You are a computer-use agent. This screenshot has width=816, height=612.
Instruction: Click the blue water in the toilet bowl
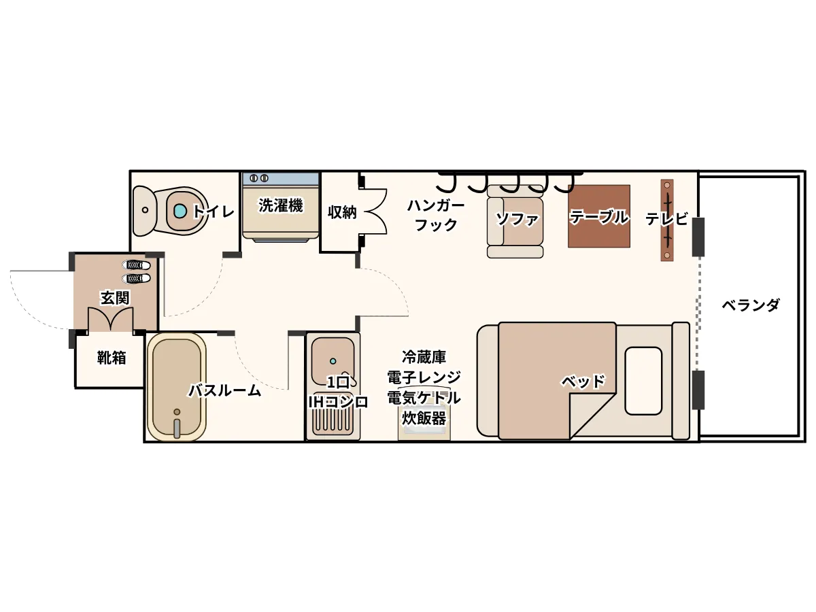180,211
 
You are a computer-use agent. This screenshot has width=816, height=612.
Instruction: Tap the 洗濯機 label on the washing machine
281,205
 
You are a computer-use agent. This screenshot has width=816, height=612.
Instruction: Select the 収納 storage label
342,212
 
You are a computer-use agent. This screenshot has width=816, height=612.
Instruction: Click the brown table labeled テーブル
598,216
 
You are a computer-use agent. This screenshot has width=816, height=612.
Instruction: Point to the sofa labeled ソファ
515,222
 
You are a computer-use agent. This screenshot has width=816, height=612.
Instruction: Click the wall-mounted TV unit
667,220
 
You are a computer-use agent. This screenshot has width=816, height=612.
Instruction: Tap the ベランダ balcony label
751,305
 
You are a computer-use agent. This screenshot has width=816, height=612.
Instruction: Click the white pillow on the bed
643,381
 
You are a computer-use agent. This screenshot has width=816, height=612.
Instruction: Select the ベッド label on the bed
583,381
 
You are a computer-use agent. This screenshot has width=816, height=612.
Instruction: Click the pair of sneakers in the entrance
137,271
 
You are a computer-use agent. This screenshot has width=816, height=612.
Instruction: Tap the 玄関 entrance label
115,298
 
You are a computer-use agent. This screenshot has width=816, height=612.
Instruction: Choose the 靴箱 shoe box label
112,358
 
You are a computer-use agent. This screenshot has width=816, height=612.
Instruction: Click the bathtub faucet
177,427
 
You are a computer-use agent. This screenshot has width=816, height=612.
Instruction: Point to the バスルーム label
225,390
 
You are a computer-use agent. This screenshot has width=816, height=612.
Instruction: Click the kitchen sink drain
333,361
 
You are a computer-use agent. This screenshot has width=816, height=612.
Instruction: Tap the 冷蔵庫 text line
424,357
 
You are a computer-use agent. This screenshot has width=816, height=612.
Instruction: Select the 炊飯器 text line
424,418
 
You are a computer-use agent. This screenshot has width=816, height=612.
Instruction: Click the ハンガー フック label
436,215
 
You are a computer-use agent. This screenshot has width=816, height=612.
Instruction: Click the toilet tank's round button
146,210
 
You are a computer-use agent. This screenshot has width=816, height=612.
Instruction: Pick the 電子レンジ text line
424,377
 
